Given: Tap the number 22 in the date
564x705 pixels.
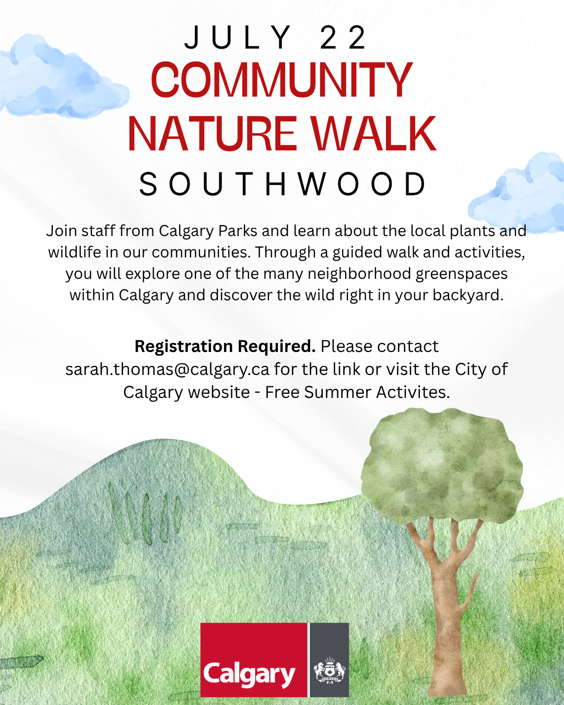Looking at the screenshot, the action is [x=343, y=38].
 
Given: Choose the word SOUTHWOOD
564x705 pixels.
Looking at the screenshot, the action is [x=283, y=184].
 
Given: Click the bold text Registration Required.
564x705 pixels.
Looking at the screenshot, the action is [x=225, y=346].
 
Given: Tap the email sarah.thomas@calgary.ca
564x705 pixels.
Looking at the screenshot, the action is [x=168, y=369].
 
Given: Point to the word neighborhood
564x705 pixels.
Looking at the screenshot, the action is [x=359, y=274].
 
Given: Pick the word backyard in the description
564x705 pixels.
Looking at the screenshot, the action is [x=468, y=295].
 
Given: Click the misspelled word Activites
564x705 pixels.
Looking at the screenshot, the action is [x=413, y=392].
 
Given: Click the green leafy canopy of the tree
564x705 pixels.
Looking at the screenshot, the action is [x=442, y=466].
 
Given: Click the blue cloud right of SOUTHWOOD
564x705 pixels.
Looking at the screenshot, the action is [x=518, y=193].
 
